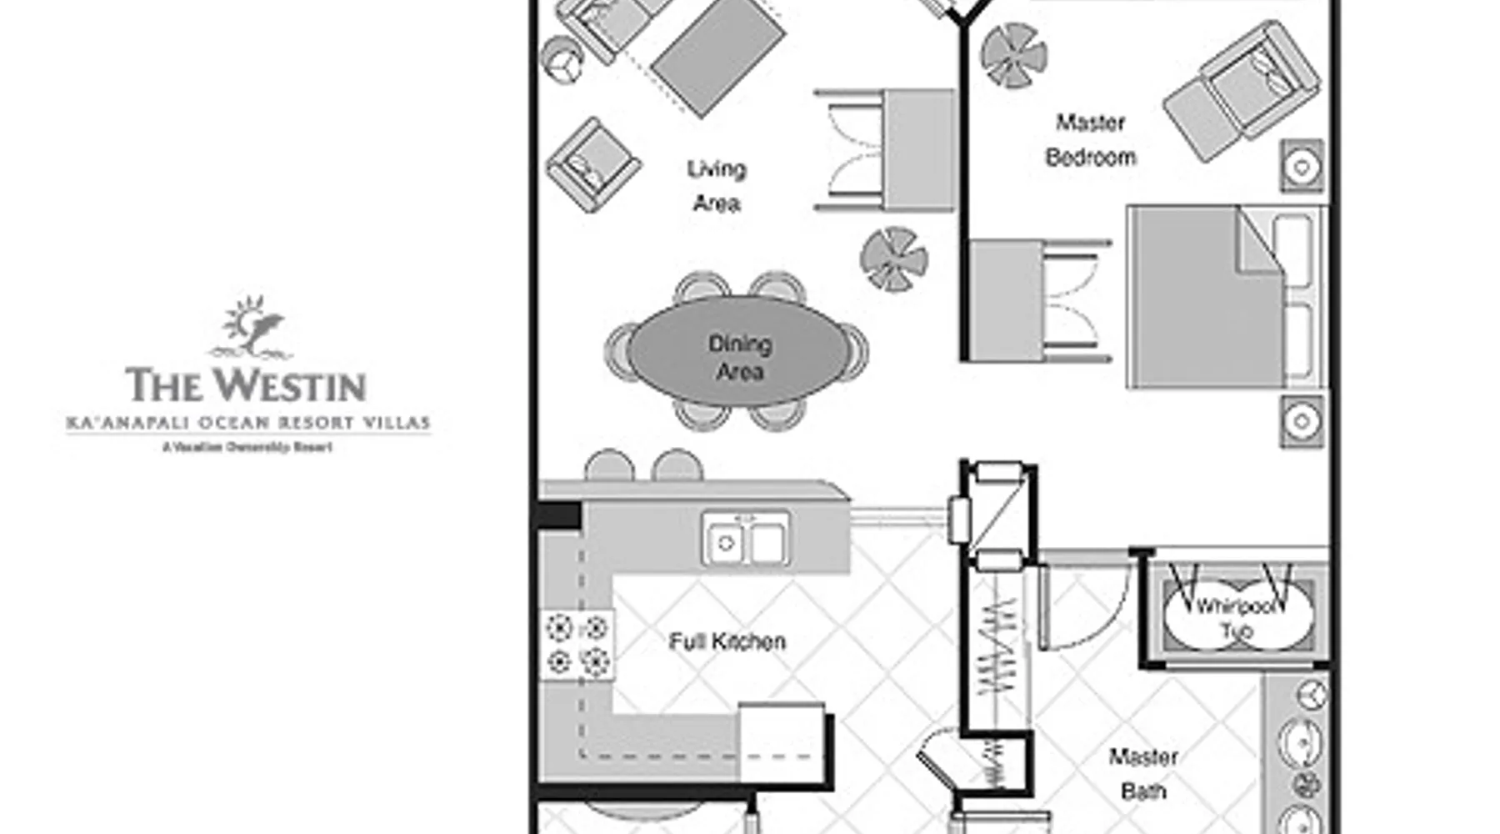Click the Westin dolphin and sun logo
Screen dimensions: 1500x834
point(249,328)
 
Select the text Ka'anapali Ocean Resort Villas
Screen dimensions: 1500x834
point(248,423)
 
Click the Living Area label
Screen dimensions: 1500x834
point(717,186)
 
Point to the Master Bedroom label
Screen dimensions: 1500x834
point(1091,140)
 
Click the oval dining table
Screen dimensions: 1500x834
point(739,350)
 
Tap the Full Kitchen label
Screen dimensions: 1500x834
point(727,641)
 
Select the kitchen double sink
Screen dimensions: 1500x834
point(746,540)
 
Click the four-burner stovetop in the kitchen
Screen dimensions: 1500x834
point(577,645)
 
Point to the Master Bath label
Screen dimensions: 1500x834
point(1143,774)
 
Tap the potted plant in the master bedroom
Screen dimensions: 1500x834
point(1013,55)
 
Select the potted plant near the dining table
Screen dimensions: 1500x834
point(894,259)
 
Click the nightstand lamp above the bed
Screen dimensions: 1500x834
point(1302,166)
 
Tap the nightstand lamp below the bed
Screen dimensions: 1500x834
point(1302,421)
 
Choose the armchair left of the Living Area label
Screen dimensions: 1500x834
point(593,164)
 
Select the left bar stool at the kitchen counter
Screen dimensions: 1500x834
point(609,465)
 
